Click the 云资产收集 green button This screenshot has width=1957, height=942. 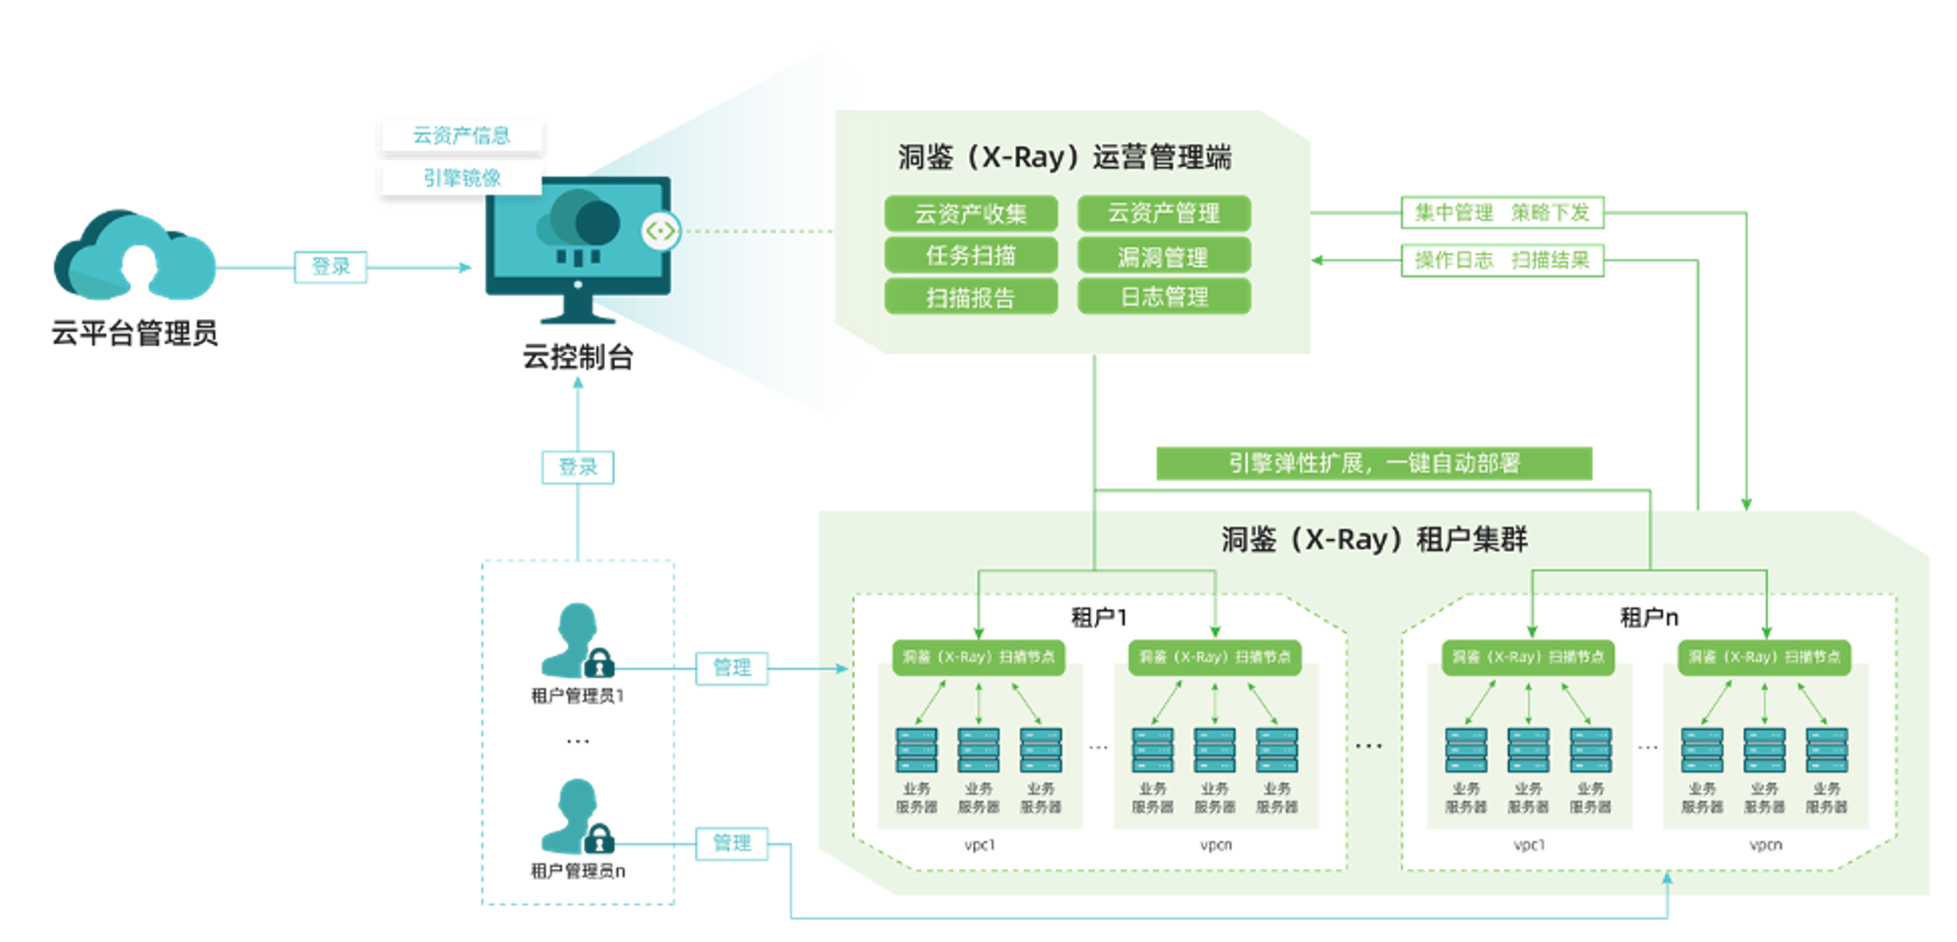click(x=970, y=213)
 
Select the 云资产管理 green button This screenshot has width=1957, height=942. click(x=1163, y=213)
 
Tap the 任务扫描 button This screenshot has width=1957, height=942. click(x=970, y=256)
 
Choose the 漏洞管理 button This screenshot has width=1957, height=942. click(x=1163, y=257)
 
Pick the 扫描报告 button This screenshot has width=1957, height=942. click(x=970, y=297)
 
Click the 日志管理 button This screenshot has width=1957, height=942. click(x=1163, y=297)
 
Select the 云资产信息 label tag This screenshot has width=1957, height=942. click(x=462, y=135)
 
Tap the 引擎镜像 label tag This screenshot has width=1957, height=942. click(x=462, y=178)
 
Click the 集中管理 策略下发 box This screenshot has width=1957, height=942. click(x=1501, y=212)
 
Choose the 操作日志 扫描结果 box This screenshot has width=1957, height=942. click(x=1501, y=261)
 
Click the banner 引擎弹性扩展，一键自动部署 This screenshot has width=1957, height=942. click(x=1374, y=464)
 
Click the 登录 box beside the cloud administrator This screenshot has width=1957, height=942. click(x=331, y=267)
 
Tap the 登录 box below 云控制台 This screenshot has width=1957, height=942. click(x=578, y=467)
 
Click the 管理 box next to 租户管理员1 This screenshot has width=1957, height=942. click(x=732, y=668)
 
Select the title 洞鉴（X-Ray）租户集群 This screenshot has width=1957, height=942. click(x=1374, y=540)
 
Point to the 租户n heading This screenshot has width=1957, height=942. click(x=1649, y=617)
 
